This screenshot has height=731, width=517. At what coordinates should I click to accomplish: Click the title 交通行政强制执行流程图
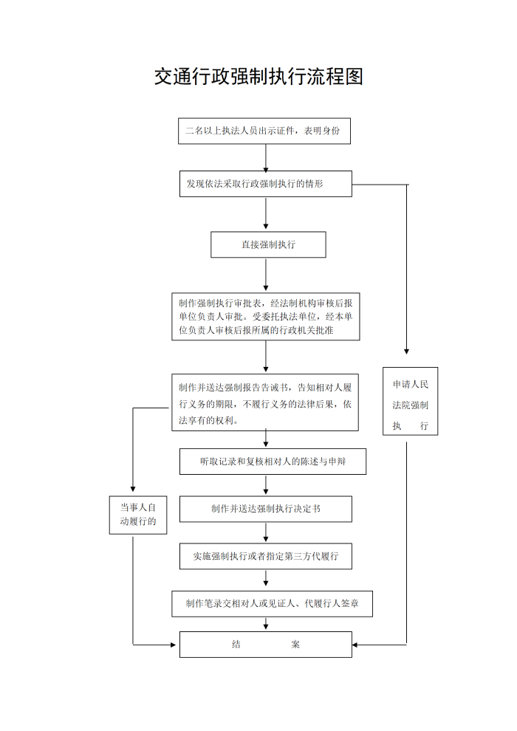258,77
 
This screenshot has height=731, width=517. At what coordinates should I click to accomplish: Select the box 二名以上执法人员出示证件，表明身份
264,131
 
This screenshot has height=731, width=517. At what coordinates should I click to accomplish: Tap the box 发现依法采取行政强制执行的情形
266,184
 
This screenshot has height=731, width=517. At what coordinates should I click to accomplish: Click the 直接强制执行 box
268,244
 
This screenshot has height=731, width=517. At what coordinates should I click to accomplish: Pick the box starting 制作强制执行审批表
266,317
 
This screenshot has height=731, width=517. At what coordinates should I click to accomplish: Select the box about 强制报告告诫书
265,402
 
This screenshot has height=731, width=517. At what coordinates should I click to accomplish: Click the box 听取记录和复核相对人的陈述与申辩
273,461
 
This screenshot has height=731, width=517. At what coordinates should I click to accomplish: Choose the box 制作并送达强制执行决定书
266,509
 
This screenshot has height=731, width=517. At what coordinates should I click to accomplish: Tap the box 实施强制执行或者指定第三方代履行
266,556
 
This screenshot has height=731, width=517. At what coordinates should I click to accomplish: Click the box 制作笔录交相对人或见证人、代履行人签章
273,604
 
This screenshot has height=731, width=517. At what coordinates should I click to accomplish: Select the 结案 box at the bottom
266,645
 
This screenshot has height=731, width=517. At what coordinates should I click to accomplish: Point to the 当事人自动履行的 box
138,515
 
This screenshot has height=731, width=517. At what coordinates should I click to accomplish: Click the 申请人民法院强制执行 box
410,402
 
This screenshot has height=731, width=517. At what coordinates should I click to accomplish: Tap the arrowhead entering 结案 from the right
355,645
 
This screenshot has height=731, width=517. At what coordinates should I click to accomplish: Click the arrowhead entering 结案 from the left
173,645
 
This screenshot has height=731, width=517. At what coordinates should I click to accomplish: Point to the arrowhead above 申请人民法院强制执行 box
406,351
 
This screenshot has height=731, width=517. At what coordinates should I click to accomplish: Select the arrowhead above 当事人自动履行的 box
133,489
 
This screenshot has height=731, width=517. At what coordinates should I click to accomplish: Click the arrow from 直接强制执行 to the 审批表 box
266,275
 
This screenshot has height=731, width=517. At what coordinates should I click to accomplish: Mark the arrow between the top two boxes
266,158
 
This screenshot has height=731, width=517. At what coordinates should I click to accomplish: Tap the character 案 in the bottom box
295,645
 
